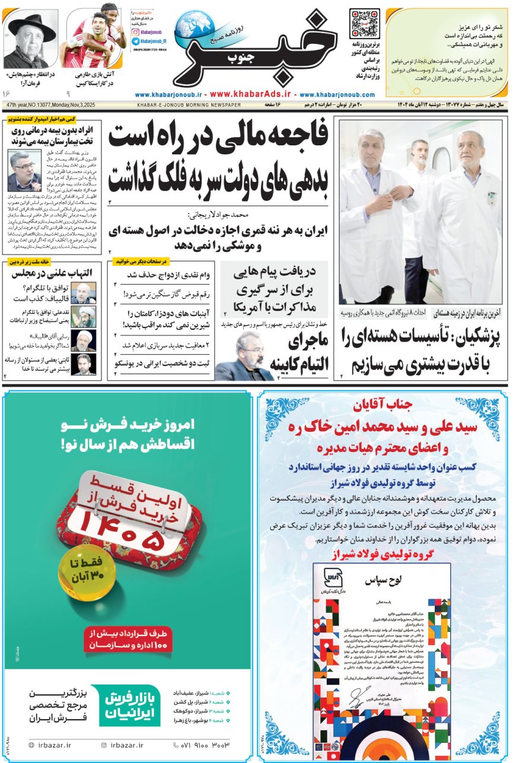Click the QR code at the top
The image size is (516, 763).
(364, 24)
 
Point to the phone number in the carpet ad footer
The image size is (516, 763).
(201, 745)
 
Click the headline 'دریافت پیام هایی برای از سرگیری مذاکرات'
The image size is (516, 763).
(273, 290)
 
